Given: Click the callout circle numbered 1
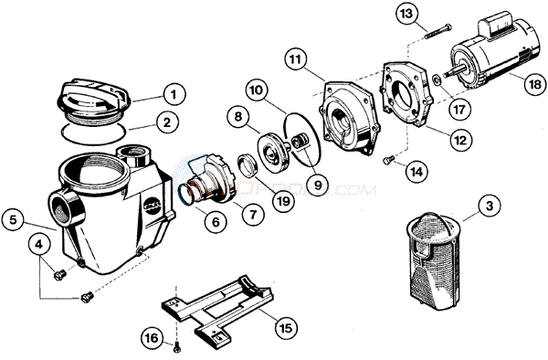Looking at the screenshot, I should pos(171,92).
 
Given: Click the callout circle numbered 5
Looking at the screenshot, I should pos(13,218).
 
